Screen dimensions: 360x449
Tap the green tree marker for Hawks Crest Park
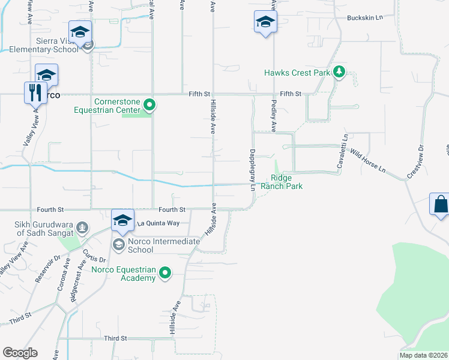339,73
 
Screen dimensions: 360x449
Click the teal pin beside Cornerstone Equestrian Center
150,107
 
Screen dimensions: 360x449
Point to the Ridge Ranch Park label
286,182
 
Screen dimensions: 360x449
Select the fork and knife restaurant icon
35,92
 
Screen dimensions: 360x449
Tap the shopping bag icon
441,203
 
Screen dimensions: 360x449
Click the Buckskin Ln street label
364,18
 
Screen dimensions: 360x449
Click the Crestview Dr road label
415,161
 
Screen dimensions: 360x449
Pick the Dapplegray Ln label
253,170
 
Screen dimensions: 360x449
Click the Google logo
20,353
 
